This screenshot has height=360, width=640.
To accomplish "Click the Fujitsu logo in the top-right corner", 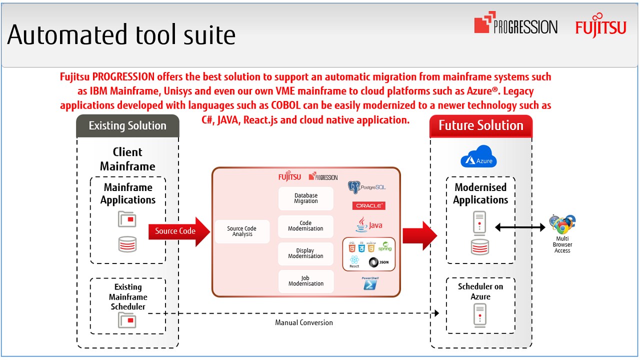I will pyautogui.click(x=600, y=27).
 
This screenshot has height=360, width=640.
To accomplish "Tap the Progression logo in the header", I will pyautogui.click(x=515, y=24).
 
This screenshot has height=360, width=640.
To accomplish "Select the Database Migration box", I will pyautogui.click(x=305, y=198).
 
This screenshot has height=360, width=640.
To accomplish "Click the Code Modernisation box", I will pyautogui.click(x=305, y=226).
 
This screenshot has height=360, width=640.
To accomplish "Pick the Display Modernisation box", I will pyautogui.click(x=305, y=253).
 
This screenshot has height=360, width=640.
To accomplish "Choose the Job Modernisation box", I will pyautogui.click(x=305, y=281).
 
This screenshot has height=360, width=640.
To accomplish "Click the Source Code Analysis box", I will pyautogui.click(x=242, y=231).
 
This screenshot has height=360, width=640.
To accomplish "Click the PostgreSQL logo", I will pyautogui.click(x=366, y=187).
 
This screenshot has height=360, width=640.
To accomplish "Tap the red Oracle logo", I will pyautogui.click(x=369, y=205).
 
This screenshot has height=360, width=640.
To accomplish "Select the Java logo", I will pyautogui.click(x=369, y=225).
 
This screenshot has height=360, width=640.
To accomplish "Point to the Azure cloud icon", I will pyautogui.click(x=478, y=157).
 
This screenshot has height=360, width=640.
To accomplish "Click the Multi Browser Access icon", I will pyautogui.click(x=562, y=225).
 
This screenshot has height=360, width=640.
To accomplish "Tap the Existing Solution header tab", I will pyautogui.click(x=127, y=126).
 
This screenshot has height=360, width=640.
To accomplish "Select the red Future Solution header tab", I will pyautogui.click(x=481, y=126).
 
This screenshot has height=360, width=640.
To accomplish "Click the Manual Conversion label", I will pyautogui.click(x=304, y=322).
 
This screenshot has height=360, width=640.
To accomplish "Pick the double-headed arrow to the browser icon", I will pyautogui.click(x=520, y=227).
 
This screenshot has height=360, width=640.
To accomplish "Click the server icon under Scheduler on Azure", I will pyautogui.click(x=479, y=315).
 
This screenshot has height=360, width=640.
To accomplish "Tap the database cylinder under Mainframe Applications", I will pyautogui.click(x=127, y=244).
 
